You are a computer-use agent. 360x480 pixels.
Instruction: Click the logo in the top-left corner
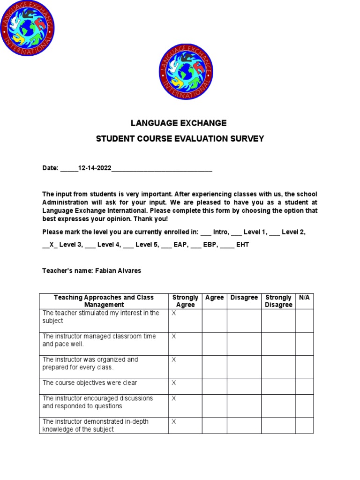pyautogui.click(x=27, y=27)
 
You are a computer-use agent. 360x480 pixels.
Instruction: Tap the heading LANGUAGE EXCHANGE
pyautogui.click(x=178, y=123)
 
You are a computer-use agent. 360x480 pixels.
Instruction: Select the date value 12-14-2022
pyautogui.click(x=95, y=168)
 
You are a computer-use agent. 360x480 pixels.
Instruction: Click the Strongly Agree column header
pyautogui.click(x=185, y=301)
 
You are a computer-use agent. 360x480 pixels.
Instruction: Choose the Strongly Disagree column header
pyautogui.click(x=278, y=301)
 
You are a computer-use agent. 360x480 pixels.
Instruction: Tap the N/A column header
pyautogui.click(x=304, y=298)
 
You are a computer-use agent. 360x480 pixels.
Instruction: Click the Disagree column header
pyautogui.click(x=244, y=298)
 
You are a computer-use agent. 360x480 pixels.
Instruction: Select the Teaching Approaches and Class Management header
pyautogui.click(x=104, y=301)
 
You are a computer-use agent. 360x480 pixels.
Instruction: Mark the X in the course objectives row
pyautogui.click(x=173, y=383)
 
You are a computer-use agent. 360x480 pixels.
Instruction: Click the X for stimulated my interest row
pyautogui.click(x=173, y=313)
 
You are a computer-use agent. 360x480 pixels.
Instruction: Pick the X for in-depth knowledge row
pyautogui.click(x=173, y=422)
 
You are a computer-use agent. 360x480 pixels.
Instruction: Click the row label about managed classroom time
pyautogui.click(x=99, y=340)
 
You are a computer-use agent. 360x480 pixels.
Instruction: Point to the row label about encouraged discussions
pyautogui.click(x=97, y=402)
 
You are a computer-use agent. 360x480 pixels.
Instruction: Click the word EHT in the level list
pyautogui.click(x=242, y=245)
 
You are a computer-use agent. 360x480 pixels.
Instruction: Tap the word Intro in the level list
pyautogui.click(x=220, y=232)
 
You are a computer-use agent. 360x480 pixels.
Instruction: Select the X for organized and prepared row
pyautogui.click(x=173, y=360)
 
